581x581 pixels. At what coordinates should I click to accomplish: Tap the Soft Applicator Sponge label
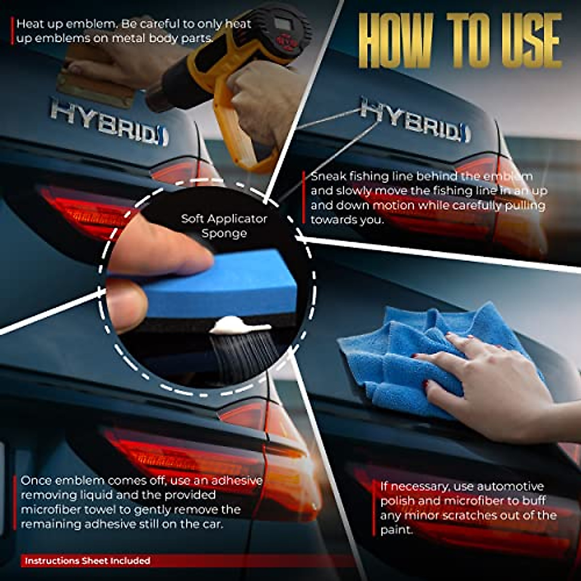[224, 226]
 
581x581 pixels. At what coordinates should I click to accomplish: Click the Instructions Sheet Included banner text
[88, 561]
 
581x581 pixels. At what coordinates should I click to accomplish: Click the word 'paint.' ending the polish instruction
[397, 530]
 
